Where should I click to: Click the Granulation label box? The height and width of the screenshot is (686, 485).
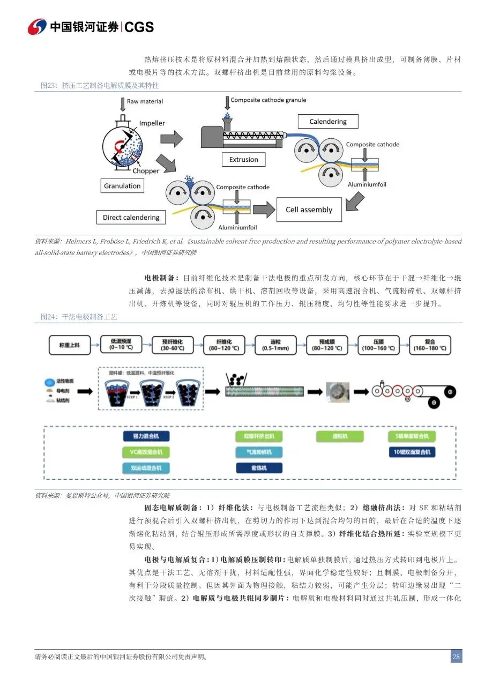coord(122,186)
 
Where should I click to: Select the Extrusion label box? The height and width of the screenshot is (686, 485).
coord(243,159)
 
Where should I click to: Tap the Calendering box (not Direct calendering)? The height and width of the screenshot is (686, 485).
coord(327,122)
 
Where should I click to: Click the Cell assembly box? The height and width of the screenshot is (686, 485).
coord(309,210)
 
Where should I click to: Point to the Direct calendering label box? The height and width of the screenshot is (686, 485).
coord(131,218)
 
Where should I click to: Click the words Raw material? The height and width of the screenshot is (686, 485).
coord(145,101)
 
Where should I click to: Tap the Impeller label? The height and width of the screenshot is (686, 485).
coord(152,123)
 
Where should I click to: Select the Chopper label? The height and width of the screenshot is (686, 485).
coord(146,171)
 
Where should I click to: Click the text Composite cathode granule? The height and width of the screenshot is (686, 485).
coord(268,100)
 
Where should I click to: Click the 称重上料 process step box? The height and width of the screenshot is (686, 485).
coord(70,345)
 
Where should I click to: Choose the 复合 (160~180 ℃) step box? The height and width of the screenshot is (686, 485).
coord(429,345)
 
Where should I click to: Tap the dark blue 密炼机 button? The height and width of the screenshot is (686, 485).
coord(259,468)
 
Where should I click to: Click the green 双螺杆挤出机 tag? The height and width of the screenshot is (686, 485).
coord(259,436)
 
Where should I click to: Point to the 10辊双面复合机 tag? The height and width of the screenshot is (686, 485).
coord(412,452)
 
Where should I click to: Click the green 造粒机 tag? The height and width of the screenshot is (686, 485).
coord(336,436)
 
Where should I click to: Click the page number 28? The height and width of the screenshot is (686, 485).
coord(456,657)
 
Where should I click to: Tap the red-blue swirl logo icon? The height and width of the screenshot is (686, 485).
coord(38,26)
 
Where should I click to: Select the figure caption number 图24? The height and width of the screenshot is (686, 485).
coord(49,317)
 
